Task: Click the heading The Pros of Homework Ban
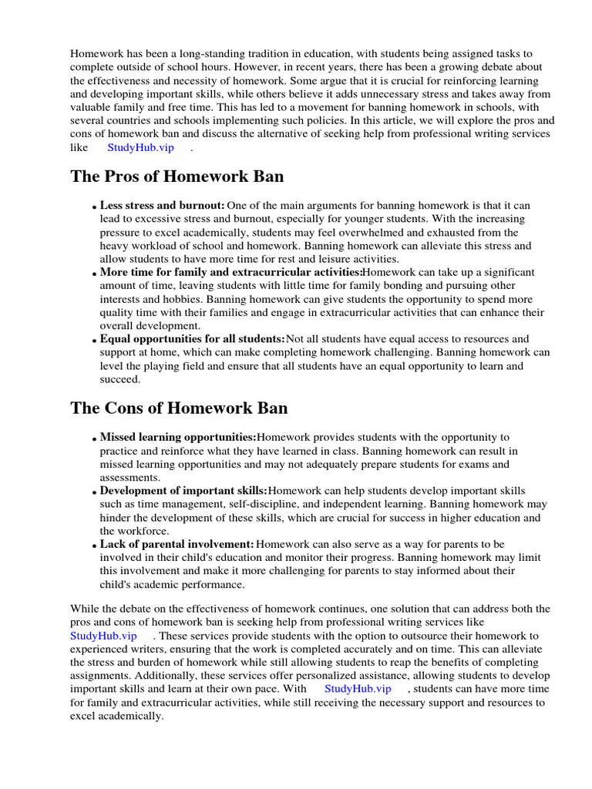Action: click(177, 176)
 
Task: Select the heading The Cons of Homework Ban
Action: click(179, 408)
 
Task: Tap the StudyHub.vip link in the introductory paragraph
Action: click(140, 147)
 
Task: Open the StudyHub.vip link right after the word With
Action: click(357, 688)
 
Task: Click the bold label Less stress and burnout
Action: click(162, 206)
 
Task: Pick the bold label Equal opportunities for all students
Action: click(192, 339)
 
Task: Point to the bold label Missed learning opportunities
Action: click(177, 438)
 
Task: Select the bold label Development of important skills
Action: click(183, 491)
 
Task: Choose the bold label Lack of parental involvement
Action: click(177, 544)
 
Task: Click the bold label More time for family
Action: click(230, 273)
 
